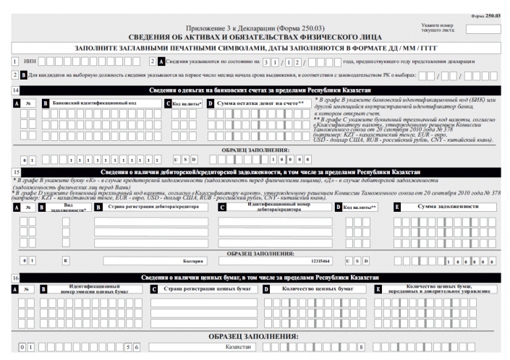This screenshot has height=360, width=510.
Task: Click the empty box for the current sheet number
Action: click(483, 30)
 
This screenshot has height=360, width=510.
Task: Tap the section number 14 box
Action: click(15, 90)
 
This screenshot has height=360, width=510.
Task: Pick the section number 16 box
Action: click(15, 278)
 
